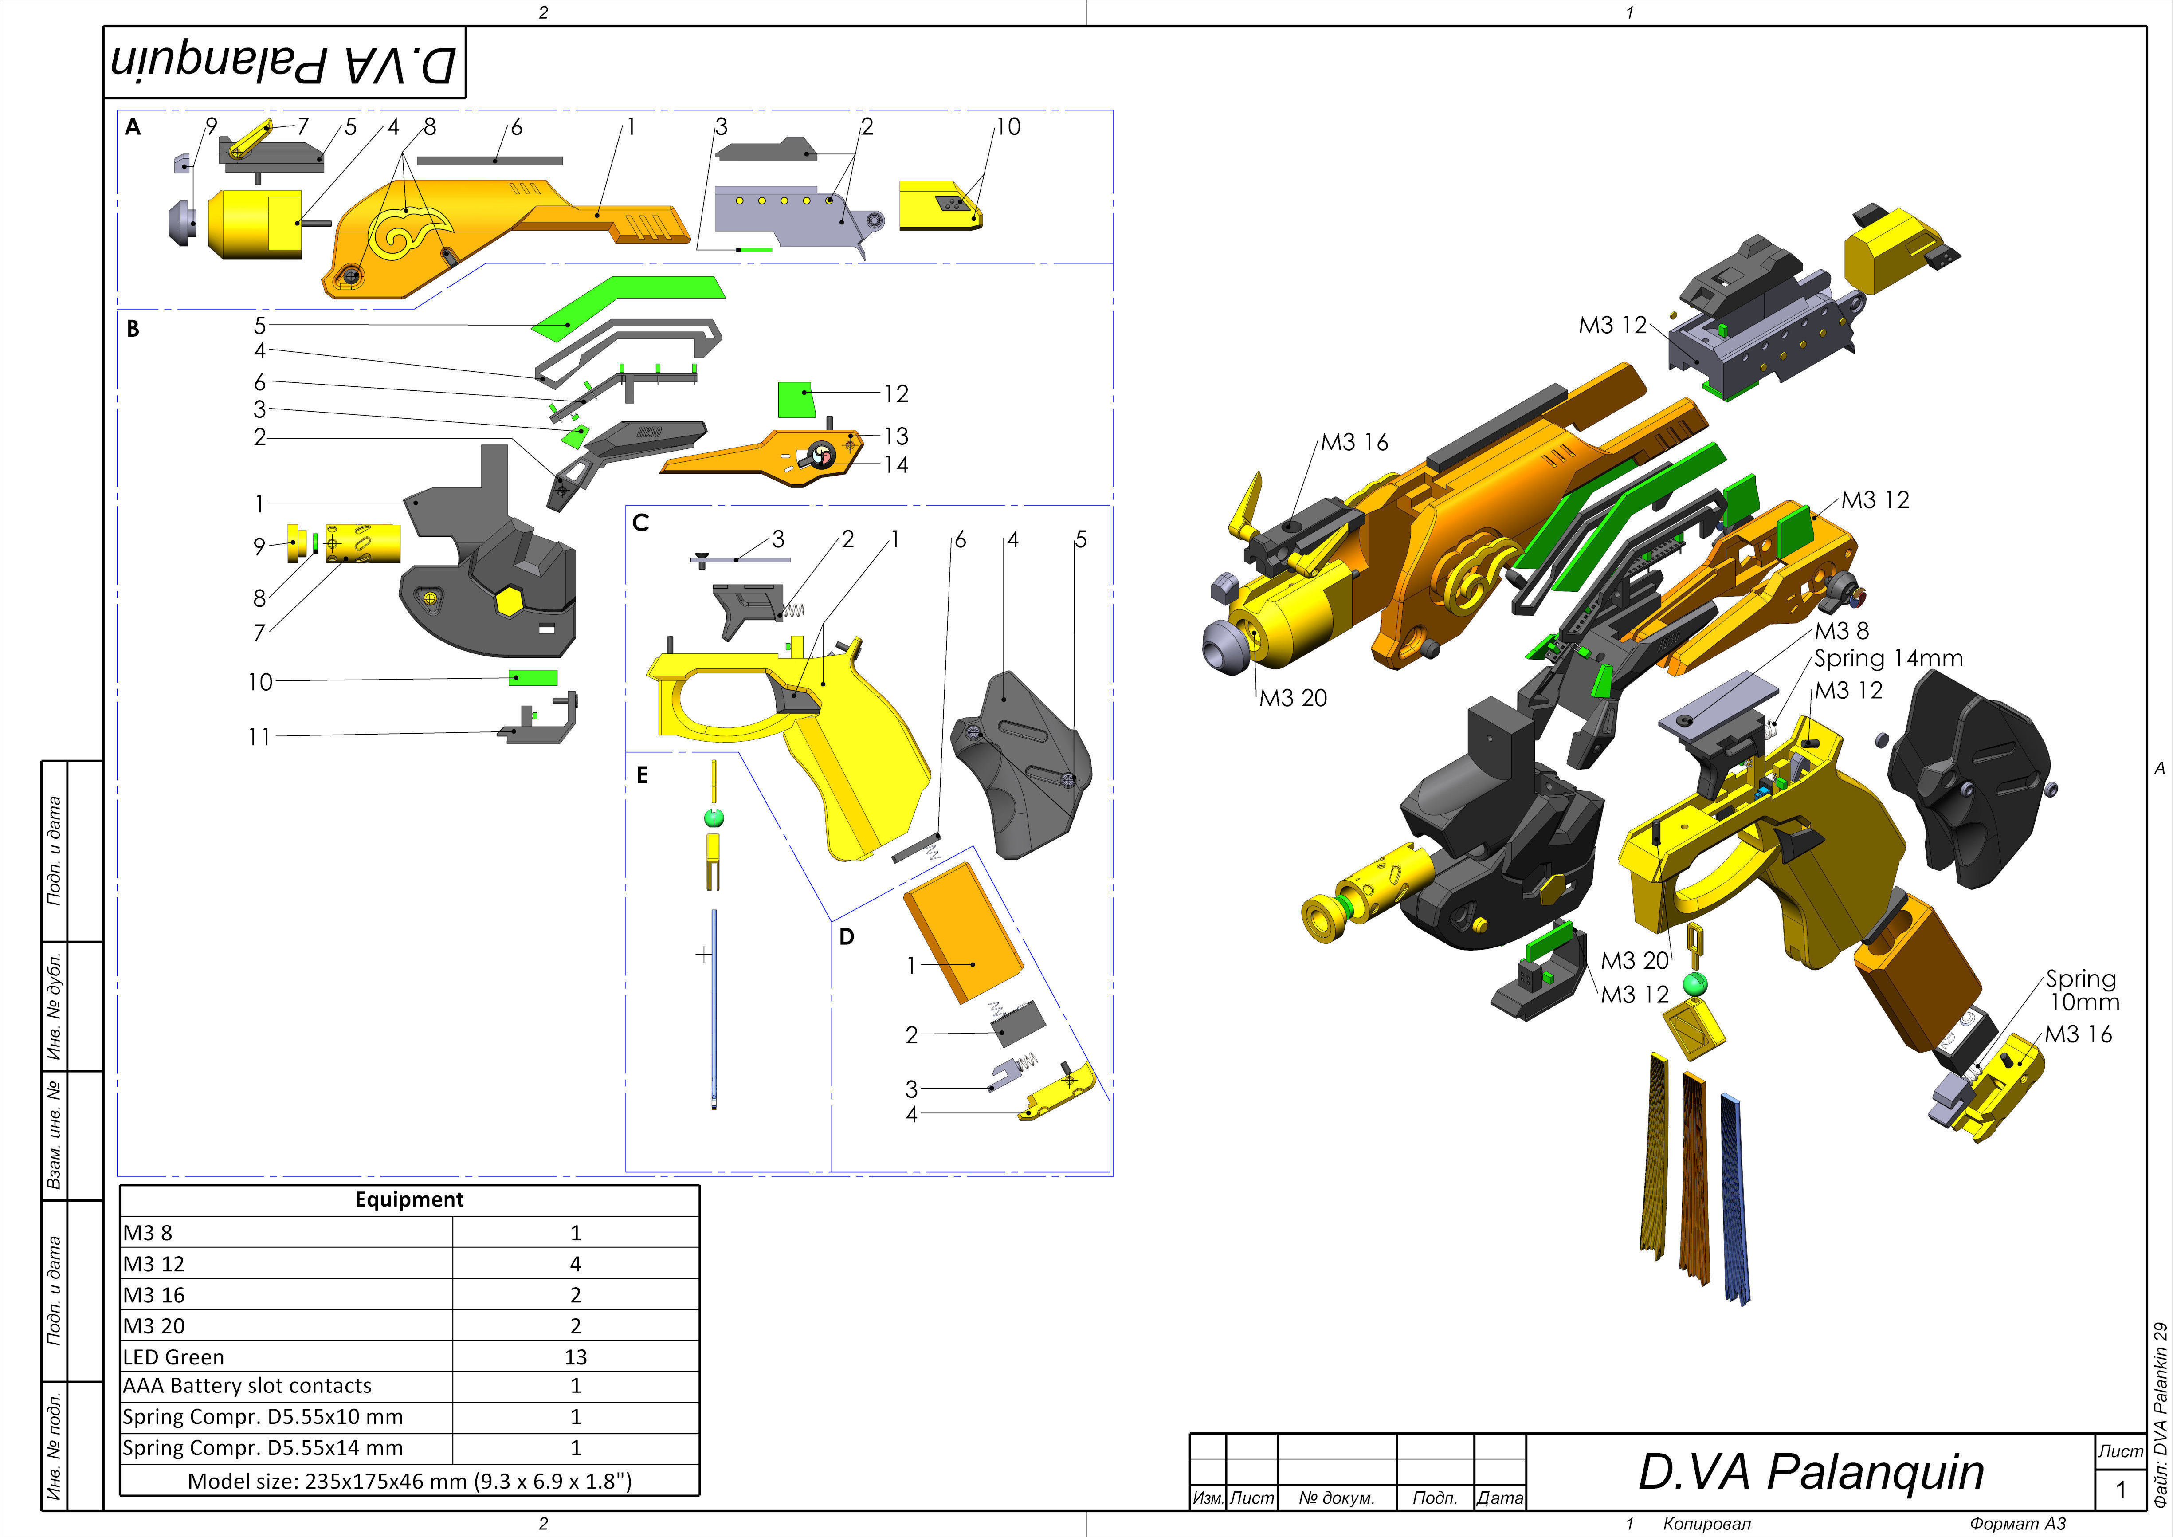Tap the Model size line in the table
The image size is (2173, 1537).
tap(409, 1481)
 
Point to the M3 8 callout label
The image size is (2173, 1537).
tap(1841, 630)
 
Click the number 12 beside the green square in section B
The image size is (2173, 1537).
tap(895, 394)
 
